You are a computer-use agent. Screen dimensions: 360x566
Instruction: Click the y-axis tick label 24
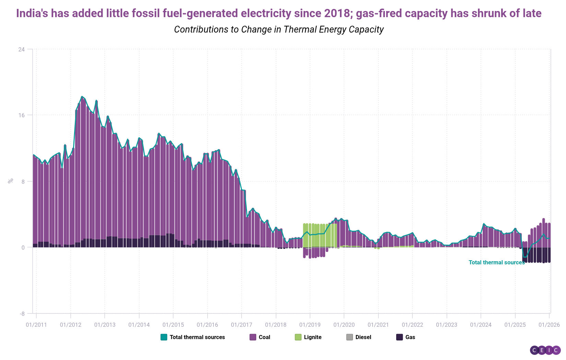[21, 49]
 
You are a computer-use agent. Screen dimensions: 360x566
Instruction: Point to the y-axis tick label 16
[21, 115]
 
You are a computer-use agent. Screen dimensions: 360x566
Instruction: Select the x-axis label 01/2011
[36, 325]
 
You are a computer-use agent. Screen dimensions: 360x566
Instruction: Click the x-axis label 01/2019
[310, 325]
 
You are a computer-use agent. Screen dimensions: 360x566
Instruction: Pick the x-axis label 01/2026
[549, 325]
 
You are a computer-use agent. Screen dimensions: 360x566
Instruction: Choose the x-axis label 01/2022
[412, 325]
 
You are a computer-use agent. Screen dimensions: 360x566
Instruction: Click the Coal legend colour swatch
[253, 337]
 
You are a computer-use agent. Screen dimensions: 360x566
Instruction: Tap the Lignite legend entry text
[313, 337]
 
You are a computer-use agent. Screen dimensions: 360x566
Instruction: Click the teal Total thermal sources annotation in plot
[496, 263]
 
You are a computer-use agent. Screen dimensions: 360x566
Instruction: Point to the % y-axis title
[11, 181]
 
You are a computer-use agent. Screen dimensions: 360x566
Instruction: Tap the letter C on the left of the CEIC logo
[534, 350]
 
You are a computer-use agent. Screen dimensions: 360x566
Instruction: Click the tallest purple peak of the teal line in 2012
[82, 97]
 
